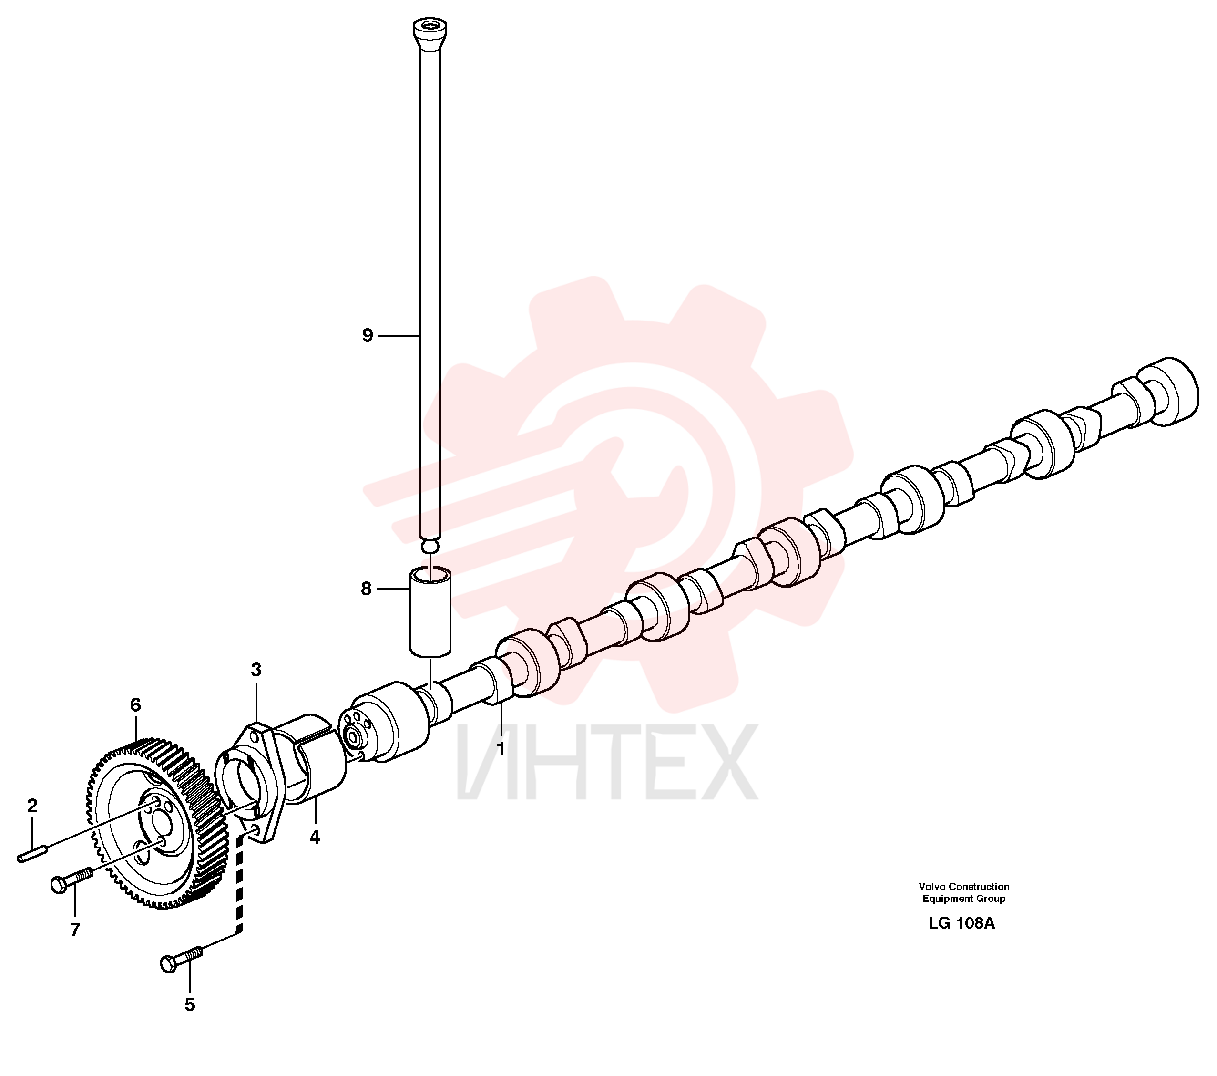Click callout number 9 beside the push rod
coord(368,336)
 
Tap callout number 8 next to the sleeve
coord(366,589)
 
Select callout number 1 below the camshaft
coord(501,749)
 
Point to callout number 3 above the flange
coord(256,670)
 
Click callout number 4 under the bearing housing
coord(314,837)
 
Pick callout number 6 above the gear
coord(136,705)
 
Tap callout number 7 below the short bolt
coord(75,930)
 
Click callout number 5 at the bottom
coord(190,1004)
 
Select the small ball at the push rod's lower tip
coord(430,546)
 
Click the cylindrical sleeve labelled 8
coord(430,611)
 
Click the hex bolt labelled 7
coord(72,879)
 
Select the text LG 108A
coord(961,923)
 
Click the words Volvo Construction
coord(964,887)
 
